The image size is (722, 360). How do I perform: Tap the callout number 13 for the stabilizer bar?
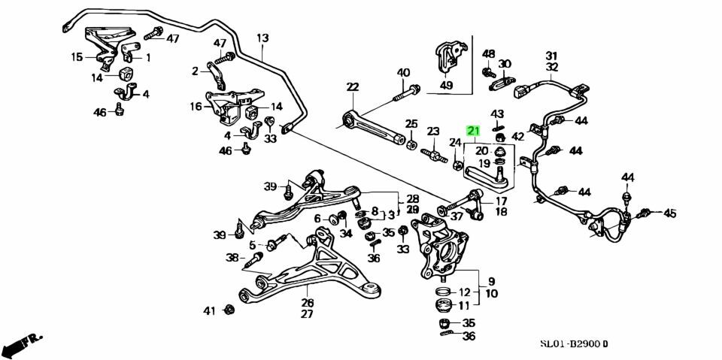point(262,38)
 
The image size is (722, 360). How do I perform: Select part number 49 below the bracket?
point(447,85)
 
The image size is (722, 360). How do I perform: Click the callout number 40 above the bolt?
point(404,73)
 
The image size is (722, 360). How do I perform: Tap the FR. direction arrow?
point(22,345)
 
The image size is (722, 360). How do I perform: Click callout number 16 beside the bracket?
point(196,107)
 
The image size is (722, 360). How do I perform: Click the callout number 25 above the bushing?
point(411,123)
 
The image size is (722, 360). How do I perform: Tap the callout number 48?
point(489,53)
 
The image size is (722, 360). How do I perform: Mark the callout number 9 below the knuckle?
point(491,280)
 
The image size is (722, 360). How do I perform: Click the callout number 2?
point(195,71)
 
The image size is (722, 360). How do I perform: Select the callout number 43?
point(497,113)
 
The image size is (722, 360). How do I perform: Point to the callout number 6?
point(317,219)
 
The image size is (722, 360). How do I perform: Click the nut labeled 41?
point(230,310)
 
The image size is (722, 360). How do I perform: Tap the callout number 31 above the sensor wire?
point(551,55)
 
